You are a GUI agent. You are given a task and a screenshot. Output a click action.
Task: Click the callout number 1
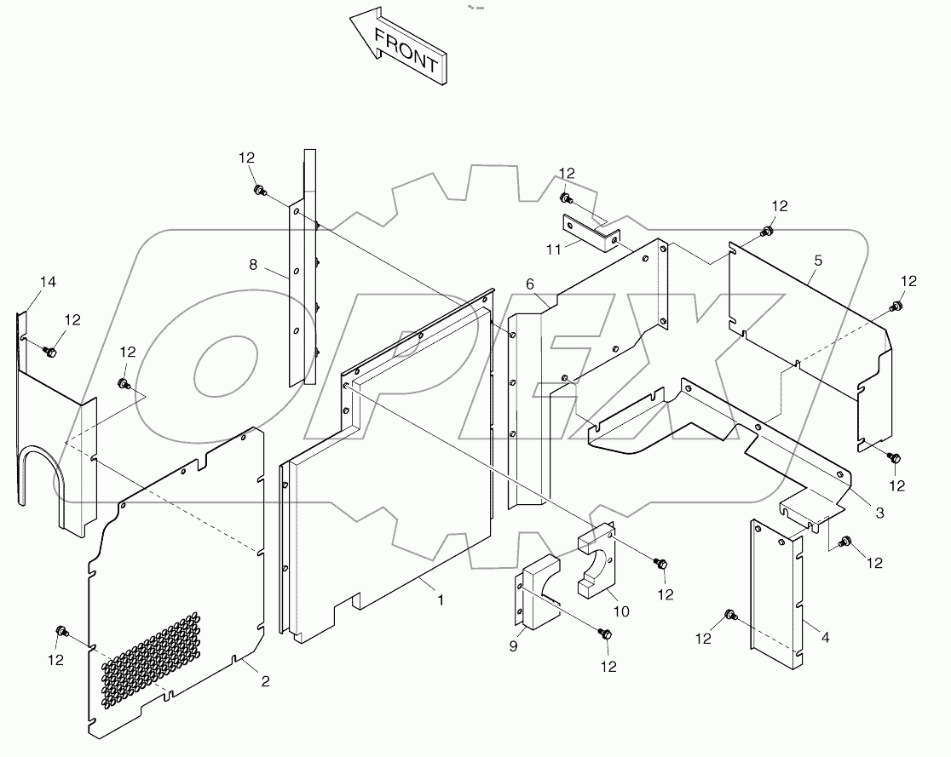[441, 599]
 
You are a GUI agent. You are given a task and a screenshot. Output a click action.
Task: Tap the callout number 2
[265, 680]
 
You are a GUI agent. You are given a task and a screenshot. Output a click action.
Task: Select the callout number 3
[879, 513]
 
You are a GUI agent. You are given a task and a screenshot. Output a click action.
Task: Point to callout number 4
[817, 262]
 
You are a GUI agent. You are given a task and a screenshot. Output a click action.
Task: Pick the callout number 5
[529, 284]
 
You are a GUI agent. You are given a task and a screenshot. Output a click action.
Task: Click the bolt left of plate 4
[729, 614]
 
